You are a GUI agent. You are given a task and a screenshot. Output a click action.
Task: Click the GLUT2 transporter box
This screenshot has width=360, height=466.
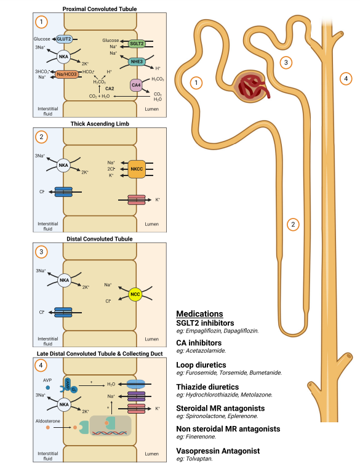point(64,39)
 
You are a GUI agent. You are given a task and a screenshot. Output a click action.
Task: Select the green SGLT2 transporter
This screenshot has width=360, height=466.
point(137,44)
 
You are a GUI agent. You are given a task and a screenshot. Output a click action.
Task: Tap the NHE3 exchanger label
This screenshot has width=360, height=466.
point(137,62)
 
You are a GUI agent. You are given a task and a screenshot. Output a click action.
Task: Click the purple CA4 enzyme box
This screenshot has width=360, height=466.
point(136,86)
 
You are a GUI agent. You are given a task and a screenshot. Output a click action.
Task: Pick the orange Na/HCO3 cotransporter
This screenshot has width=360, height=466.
point(67,74)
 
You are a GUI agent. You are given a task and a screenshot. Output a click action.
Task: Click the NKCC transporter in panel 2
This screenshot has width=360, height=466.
point(137,169)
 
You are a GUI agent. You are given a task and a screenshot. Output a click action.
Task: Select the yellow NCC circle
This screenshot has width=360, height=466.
point(135,294)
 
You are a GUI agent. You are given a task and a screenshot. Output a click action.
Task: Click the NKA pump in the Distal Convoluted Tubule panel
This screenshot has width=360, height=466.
point(64,280)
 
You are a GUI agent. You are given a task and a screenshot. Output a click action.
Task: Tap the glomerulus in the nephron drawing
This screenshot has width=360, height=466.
point(251,87)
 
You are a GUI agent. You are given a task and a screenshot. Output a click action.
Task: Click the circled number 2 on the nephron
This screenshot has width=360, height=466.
point(293,224)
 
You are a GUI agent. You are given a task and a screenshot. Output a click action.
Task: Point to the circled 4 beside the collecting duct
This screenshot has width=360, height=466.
point(346,79)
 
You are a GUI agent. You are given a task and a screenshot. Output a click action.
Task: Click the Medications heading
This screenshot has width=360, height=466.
point(199,314)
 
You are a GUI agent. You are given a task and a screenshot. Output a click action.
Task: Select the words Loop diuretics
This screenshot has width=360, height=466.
point(201,365)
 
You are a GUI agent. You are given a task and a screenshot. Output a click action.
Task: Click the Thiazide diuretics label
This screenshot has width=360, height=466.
point(207,387)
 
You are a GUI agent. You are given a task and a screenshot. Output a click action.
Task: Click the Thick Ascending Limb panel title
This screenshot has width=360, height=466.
point(100,124)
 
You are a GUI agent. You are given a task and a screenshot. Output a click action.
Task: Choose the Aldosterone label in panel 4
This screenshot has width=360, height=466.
point(48,421)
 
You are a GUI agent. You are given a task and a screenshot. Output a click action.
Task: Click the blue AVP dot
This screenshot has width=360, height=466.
point(47,388)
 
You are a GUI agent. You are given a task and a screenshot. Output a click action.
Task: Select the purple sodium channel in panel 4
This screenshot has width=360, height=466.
point(137,396)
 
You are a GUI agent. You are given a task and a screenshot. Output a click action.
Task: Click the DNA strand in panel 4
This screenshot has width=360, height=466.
point(110,433)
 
